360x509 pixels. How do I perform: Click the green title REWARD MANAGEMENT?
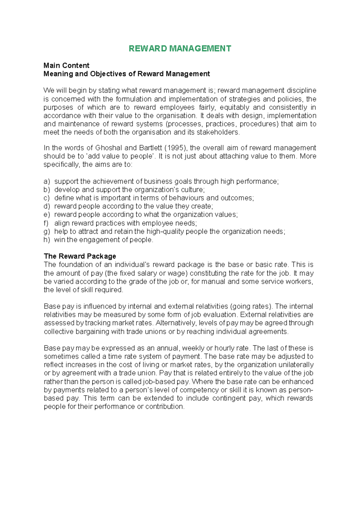click(180, 49)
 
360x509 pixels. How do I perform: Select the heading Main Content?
click(66, 65)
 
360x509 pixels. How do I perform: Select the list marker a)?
click(46, 181)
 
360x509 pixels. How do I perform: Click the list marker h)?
click(46, 240)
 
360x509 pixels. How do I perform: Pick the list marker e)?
click(46, 215)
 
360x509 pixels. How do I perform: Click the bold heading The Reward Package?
click(80, 256)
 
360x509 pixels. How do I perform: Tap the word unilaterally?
click(296, 365)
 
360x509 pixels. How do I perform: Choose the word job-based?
click(166, 381)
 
